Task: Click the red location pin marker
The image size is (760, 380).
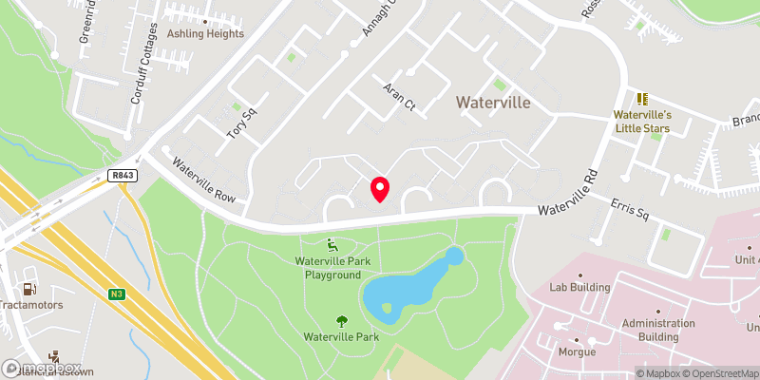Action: [x=379, y=189]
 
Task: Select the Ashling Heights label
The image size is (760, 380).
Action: [x=205, y=33]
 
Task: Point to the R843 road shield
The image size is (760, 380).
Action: [x=121, y=176]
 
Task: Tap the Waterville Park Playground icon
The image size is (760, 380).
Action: [x=331, y=244]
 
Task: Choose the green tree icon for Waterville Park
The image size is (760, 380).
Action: [x=341, y=320]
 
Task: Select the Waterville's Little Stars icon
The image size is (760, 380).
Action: [x=642, y=99]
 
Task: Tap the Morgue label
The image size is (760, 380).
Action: [x=577, y=351]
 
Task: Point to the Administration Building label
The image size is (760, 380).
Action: [x=658, y=330]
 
